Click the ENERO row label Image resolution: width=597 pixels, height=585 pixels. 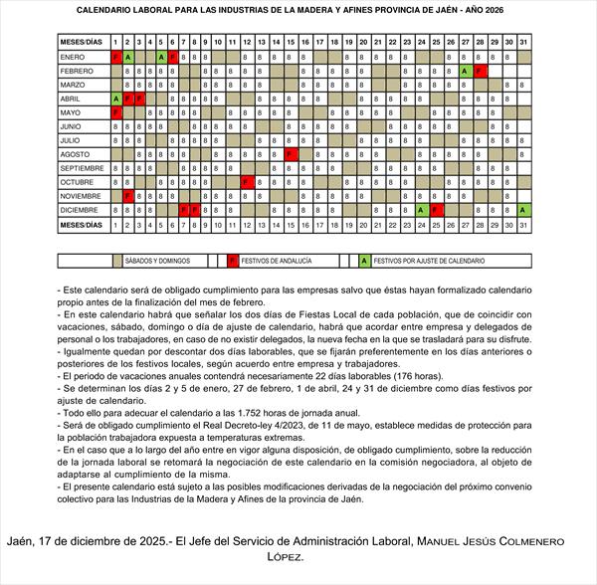(x=72, y=58)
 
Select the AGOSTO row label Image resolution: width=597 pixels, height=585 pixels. (x=76, y=154)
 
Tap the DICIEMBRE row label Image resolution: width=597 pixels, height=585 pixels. (x=79, y=210)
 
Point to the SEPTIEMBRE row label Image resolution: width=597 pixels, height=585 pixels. (x=82, y=168)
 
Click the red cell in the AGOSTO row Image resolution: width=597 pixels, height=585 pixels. (x=291, y=154)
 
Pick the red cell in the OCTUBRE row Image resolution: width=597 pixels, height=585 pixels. (x=246, y=182)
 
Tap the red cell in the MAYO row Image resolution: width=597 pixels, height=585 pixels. (x=115, y=112)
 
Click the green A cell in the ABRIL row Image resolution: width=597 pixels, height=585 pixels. (x=115, y=99)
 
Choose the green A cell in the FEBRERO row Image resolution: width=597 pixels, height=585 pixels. (x=465, y=72)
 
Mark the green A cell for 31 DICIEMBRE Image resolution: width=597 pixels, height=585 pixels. (x=523, y=210)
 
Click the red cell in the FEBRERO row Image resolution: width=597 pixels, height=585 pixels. (x=480, y=72)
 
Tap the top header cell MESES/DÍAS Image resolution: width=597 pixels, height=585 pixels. (x=82, y=42)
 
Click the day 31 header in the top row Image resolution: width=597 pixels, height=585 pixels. (x=523, y=42)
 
